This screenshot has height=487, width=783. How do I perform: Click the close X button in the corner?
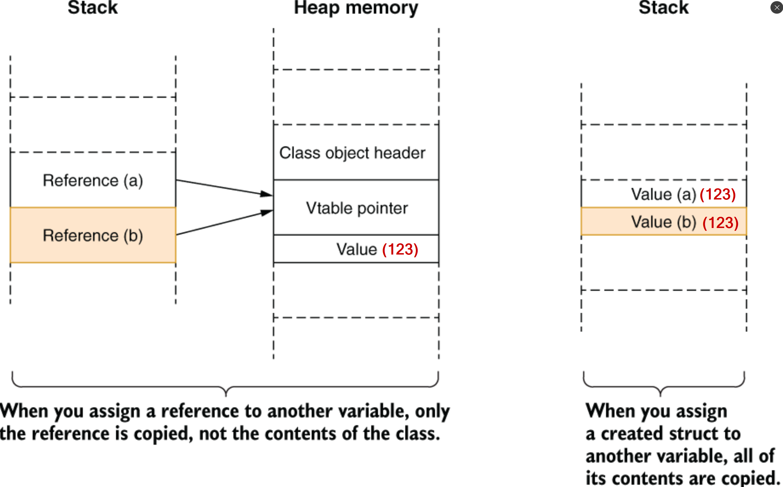777,8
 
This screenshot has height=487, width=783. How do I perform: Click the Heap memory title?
356,8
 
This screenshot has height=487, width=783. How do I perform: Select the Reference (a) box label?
93,180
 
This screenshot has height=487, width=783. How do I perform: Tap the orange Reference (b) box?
93,236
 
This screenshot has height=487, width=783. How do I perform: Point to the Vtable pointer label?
357,208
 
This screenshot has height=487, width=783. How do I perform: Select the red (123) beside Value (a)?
718,194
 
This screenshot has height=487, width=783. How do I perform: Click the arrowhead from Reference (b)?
267,213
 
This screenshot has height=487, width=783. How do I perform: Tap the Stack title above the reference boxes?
93,8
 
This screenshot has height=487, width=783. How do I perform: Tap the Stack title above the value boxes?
663,8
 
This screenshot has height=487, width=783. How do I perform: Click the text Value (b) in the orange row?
663,222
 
